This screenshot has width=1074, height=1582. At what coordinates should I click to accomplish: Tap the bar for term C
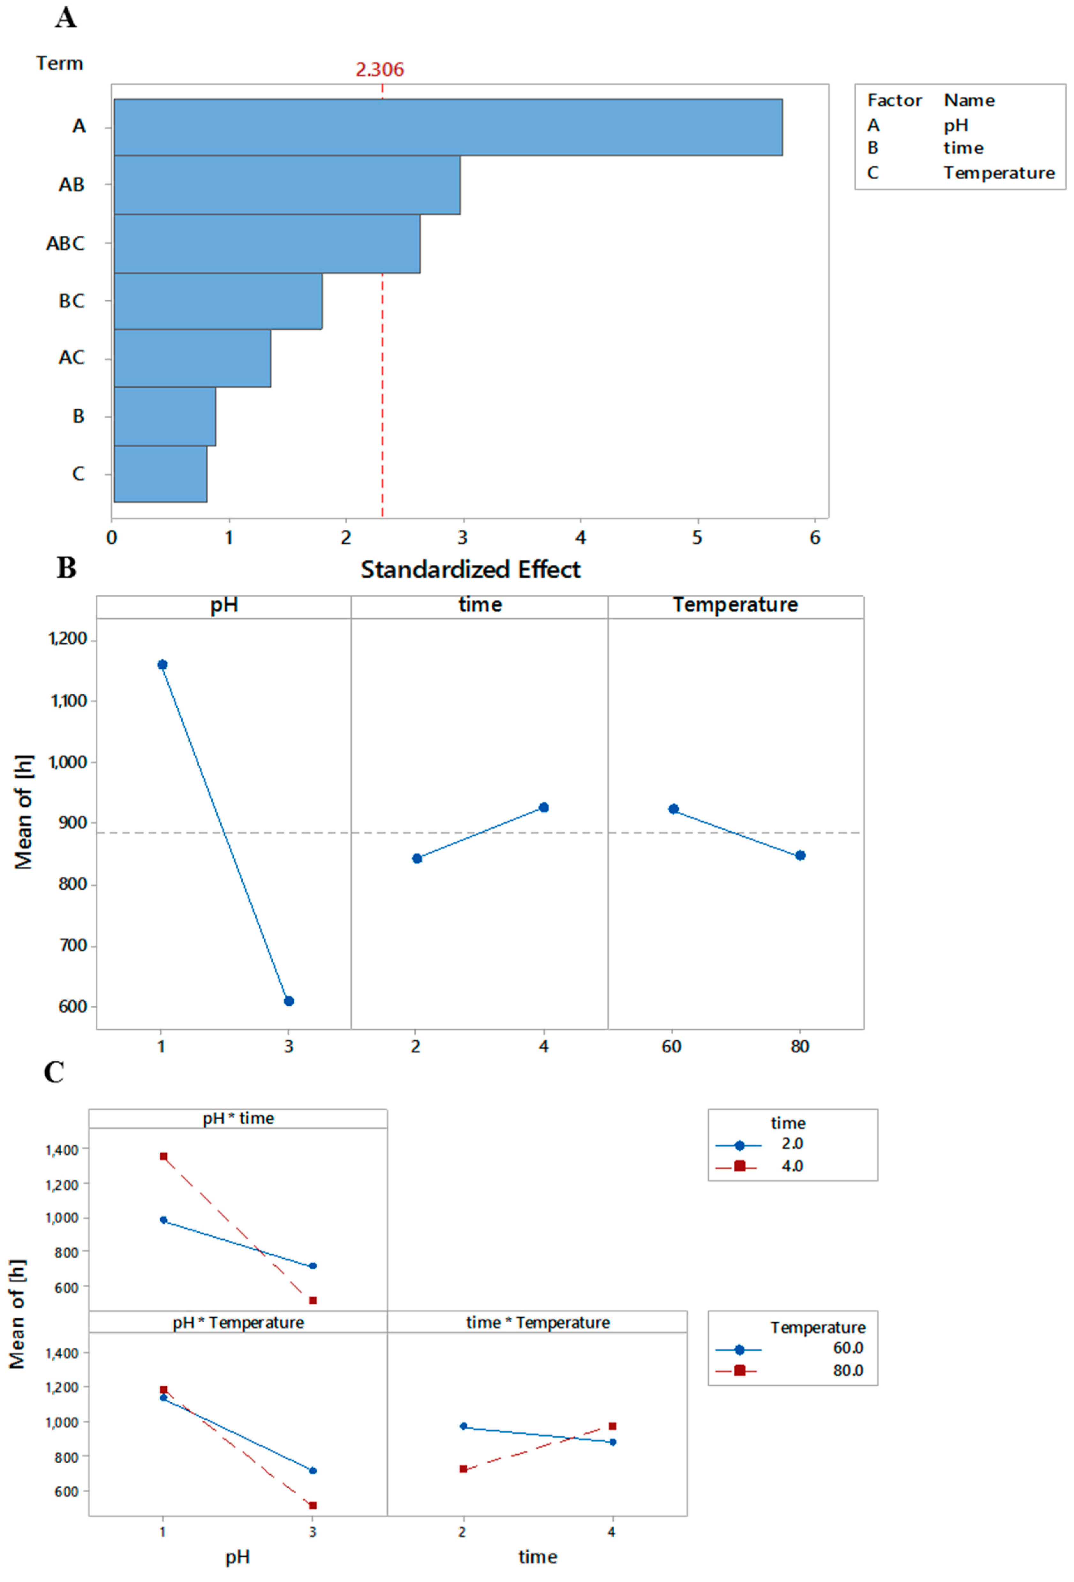pos(160,474)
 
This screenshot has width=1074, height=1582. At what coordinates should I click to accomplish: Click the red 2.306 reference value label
pos(379,70)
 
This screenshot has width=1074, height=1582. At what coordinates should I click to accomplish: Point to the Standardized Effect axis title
pos(471,569)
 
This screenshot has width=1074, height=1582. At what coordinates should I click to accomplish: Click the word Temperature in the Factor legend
pos(999,173)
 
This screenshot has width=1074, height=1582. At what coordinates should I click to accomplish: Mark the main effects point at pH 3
pos(289,1001)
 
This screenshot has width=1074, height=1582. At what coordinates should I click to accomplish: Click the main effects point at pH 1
pos(162,664)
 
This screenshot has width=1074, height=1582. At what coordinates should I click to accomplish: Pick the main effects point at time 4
pos(543,807)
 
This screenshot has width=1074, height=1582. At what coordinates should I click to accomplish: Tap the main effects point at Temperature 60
pos(674,809)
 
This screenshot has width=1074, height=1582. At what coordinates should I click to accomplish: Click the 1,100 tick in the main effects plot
pos(69,700)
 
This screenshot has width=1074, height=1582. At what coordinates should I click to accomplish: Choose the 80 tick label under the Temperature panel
pos(799,1046)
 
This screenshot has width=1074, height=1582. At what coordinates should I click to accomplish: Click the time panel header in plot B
pos(480,604)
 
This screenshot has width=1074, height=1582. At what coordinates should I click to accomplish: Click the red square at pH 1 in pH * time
pos(163,1156)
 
